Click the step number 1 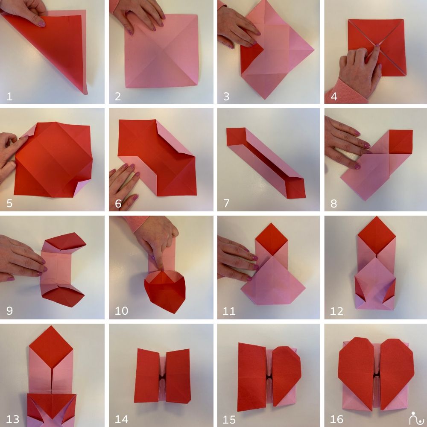[9, 97]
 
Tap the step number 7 [226, 203]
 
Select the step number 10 [121, 311]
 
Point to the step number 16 [336, 419]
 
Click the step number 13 [12, 419]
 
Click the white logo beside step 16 [417, 418]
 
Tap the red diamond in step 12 [377, 235]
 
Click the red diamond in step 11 [272, 240]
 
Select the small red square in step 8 [401, 142]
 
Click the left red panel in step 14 [147, 375]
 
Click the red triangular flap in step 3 [251, 58]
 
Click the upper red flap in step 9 [65, 241]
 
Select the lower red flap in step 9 [63, 297]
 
